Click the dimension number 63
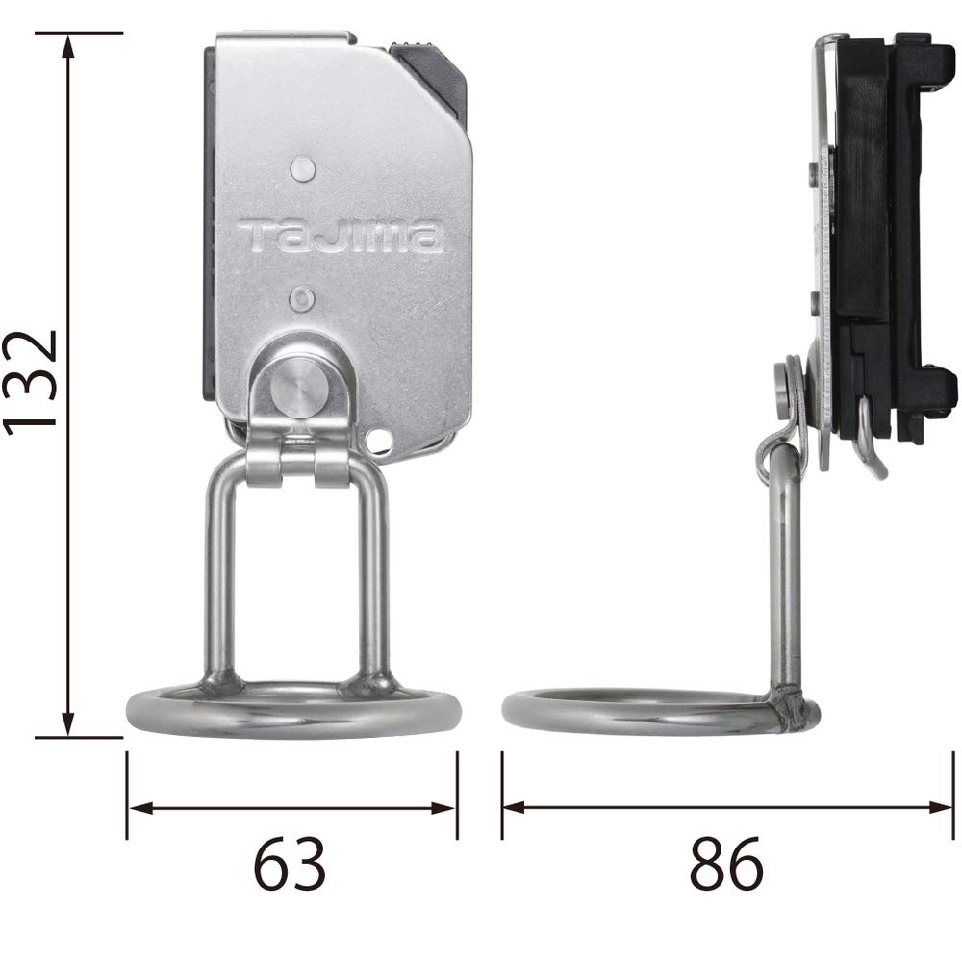(x=290, y=865)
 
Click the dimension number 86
(x=725, y=865)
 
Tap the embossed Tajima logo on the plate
(x=341, y=236)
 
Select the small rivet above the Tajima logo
(x=303, y=169)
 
